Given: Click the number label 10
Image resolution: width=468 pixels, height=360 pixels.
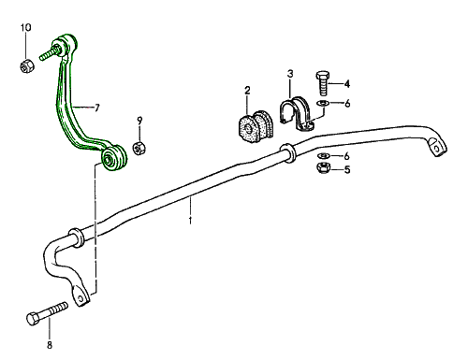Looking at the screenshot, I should (x=26, y=27).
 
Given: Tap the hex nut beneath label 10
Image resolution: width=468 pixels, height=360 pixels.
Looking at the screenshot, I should (x=27, y=65).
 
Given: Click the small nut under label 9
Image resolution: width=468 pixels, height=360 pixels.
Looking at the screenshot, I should (x=139, y=147).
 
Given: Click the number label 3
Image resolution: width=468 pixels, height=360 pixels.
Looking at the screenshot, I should (x=290, y=74).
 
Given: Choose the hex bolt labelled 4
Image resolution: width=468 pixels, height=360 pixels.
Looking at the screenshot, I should (x=323, y=84).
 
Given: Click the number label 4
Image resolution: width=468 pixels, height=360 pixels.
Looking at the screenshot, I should (x=346, y=83).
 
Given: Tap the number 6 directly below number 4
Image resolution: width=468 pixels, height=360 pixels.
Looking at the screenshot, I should (x=347, y=103).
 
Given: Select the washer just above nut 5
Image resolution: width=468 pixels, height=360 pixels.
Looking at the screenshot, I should (x=323, y=154).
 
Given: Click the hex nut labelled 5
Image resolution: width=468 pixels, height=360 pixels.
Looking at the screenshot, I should (x=320, y=169).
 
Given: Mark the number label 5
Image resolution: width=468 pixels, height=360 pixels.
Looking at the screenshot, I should (x=346, y=170).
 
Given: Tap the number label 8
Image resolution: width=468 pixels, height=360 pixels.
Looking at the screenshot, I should (x=50, y=345).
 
